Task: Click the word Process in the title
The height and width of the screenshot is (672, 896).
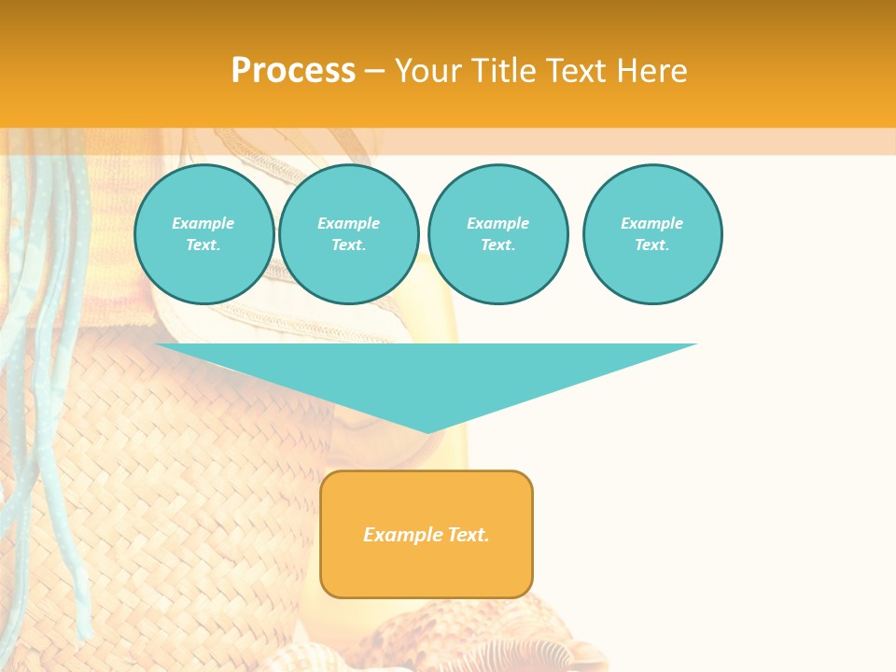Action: pyautogui.click(x=293, y=71)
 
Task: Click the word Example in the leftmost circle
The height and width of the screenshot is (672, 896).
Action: pyautogui.click(x=203, y=223)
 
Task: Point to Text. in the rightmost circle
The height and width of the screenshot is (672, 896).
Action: pyautogui.click(x=652, y=245)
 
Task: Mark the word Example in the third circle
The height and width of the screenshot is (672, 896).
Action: pyautogui.click(x=498, y=223)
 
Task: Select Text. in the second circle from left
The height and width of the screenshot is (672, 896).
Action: pyautogui.click(x=349, y=245)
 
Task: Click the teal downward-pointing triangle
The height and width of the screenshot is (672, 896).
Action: pyautogui.click(x=427, y=373)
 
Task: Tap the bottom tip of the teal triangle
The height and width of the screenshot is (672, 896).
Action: pyautogui.click(x=427, y=430)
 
